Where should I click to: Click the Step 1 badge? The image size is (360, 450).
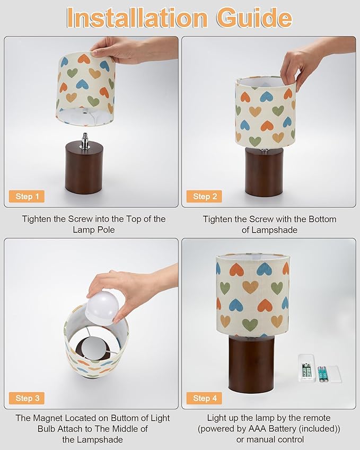(x=27, y=196)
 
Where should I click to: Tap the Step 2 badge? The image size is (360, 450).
(x=204, y=196)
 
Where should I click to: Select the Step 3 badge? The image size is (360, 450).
(x=27, y=398)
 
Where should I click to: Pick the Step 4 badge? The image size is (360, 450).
(x=204, y=398)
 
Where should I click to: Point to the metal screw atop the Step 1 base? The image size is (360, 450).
(x=85, y=140)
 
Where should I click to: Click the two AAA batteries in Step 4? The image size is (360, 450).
(x=322, y=374)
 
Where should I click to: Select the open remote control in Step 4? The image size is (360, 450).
(x=306, y=368)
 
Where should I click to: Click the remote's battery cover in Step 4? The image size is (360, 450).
(x=335, y=374)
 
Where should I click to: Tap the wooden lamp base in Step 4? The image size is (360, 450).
(x=251, y=364)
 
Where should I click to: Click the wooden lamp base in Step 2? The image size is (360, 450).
(x=264, y=172)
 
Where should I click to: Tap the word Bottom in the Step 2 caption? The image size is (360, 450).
(x=322, y=219)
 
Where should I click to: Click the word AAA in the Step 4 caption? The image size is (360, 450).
(x=258, y=429)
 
